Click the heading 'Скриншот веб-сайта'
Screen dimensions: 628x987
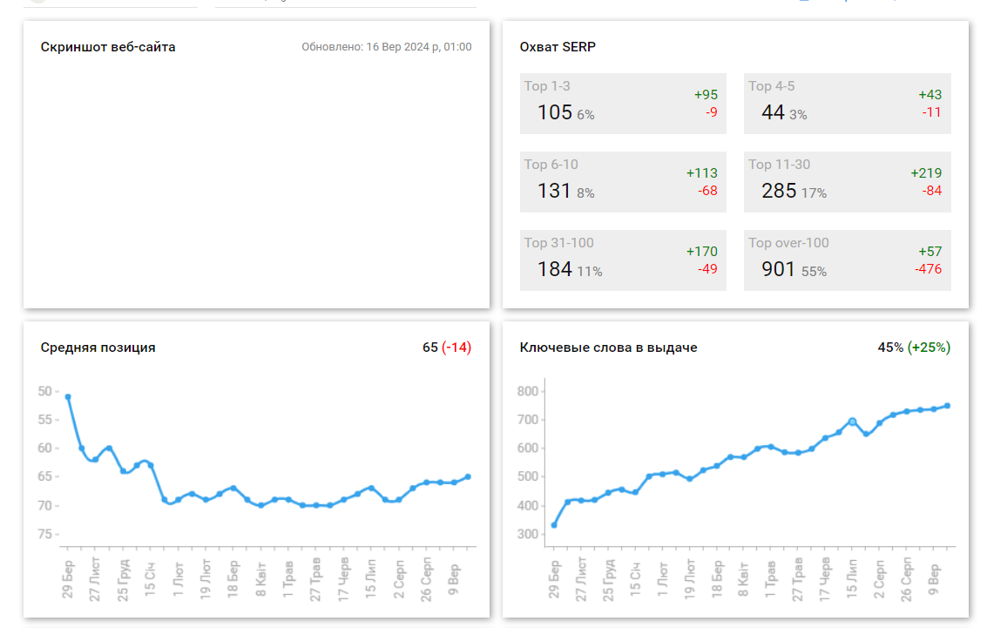[x=108, y=47]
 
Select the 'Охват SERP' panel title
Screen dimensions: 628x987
[x=558, y=47]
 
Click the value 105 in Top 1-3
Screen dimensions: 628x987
[x=555, y=112]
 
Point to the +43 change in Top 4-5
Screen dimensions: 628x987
[x=930, y=95]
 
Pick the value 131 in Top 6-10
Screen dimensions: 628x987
[x=554, y=191]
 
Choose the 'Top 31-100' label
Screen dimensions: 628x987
[x=559, y=243]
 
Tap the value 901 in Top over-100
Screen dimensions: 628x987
[x=779, y=269]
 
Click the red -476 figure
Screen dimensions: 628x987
[x=928, y=269]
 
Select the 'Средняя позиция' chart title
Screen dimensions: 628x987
[x=98, y=348]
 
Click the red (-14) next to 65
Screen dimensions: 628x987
[x=456, y=348]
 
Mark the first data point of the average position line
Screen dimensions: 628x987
[x=68, y=397]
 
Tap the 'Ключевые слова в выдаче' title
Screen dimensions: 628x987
[x=608, y=348]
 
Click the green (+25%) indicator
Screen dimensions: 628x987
[x=929, y=348]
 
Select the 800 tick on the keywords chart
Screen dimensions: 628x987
[x=526, y=391]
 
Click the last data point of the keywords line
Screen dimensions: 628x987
[x=947, y=406]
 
